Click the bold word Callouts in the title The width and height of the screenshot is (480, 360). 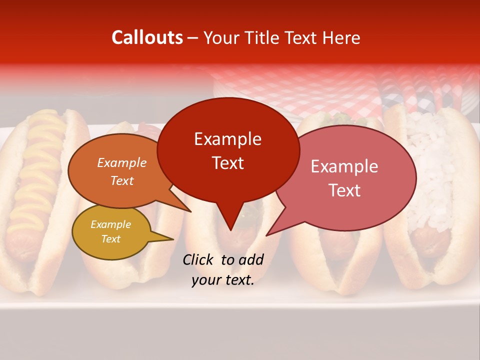point(147,37)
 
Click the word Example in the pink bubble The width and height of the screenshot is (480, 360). point(344,166)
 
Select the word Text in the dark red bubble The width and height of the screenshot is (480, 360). point(228,163)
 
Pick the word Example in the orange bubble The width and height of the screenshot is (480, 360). point(122,162)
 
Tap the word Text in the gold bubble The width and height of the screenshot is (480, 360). point(111,239)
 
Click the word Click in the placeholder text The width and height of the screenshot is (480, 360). point(199,259)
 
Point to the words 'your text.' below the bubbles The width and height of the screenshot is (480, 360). point(223,280)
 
